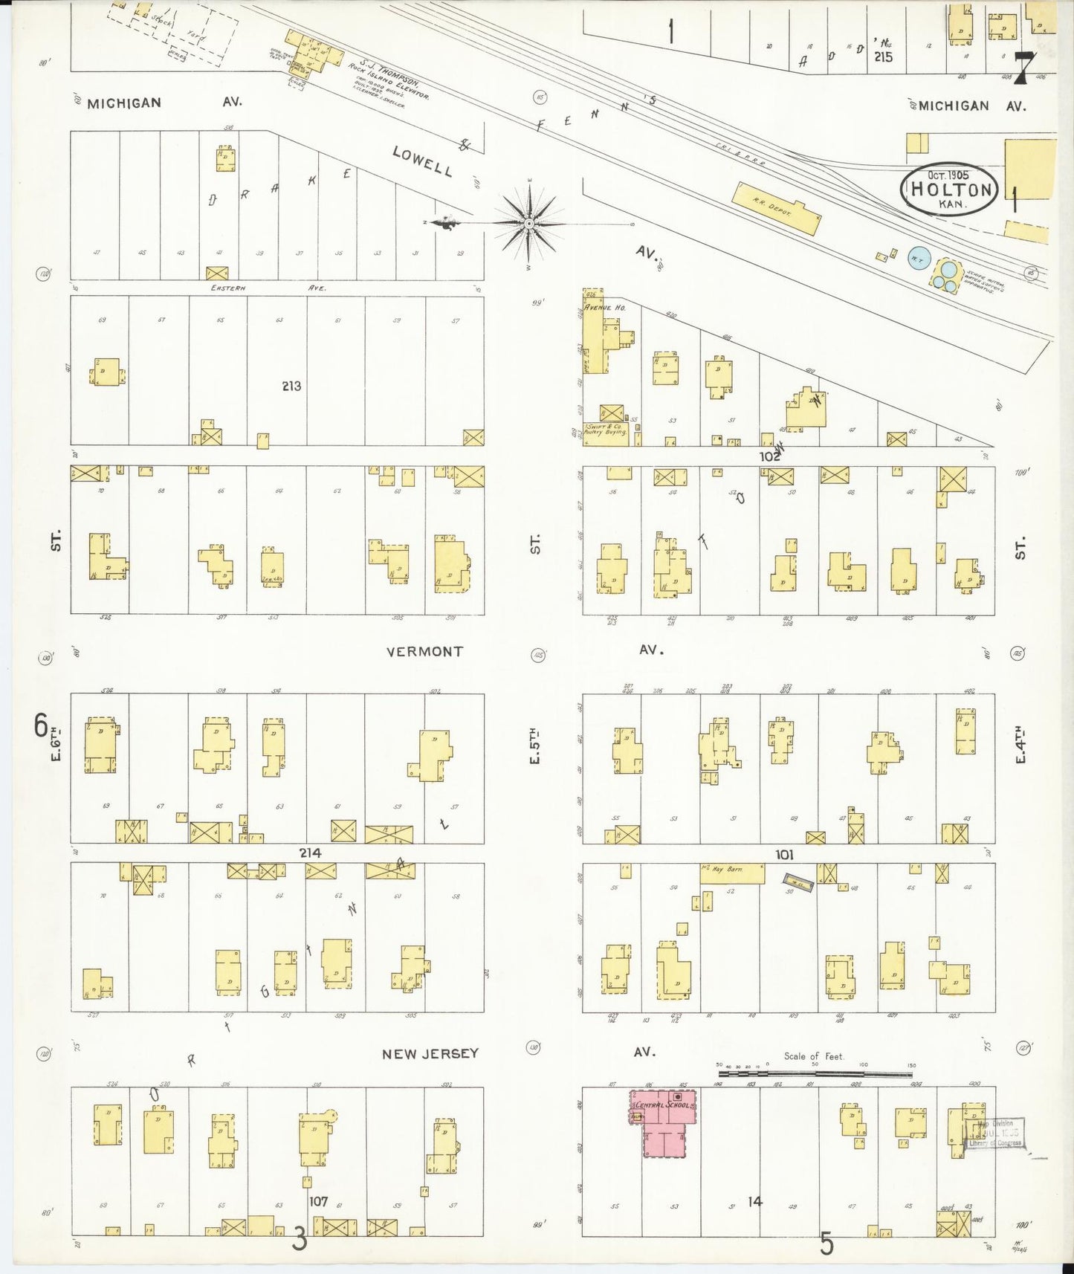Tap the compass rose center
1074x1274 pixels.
pyautogui.click(x=528, y=222)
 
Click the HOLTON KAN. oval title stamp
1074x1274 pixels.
pyautogui.click(x=951, y=189)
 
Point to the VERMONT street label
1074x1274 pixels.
pyautogui.click(x=424, y=652)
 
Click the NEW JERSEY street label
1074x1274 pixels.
pyautogui.click(x=430, y=1054)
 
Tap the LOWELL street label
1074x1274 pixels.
pyautogui.click(x=422, y=161)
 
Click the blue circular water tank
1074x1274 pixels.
pyautogui.click(x=918, y=259)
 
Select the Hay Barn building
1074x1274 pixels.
pyautogui.click(x=732, y=873)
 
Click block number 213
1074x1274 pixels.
pyautogui.click(x=291, y=386)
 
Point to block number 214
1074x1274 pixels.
pyautogui.click(x=310, y=853)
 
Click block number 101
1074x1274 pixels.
pyautogui.click(x=784, y=855)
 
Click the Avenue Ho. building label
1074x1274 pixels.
pyautogui.click(x=604, y=307)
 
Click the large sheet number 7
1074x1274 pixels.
pyautogui.click(x=1023, y=68)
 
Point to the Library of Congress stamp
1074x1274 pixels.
pyautogui.click(x=994, y=1134)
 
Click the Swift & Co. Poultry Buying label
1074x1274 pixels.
pyautogui.click(x=605, y=429)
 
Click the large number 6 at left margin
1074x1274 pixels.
pyautogui.click(x=41, y=725)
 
